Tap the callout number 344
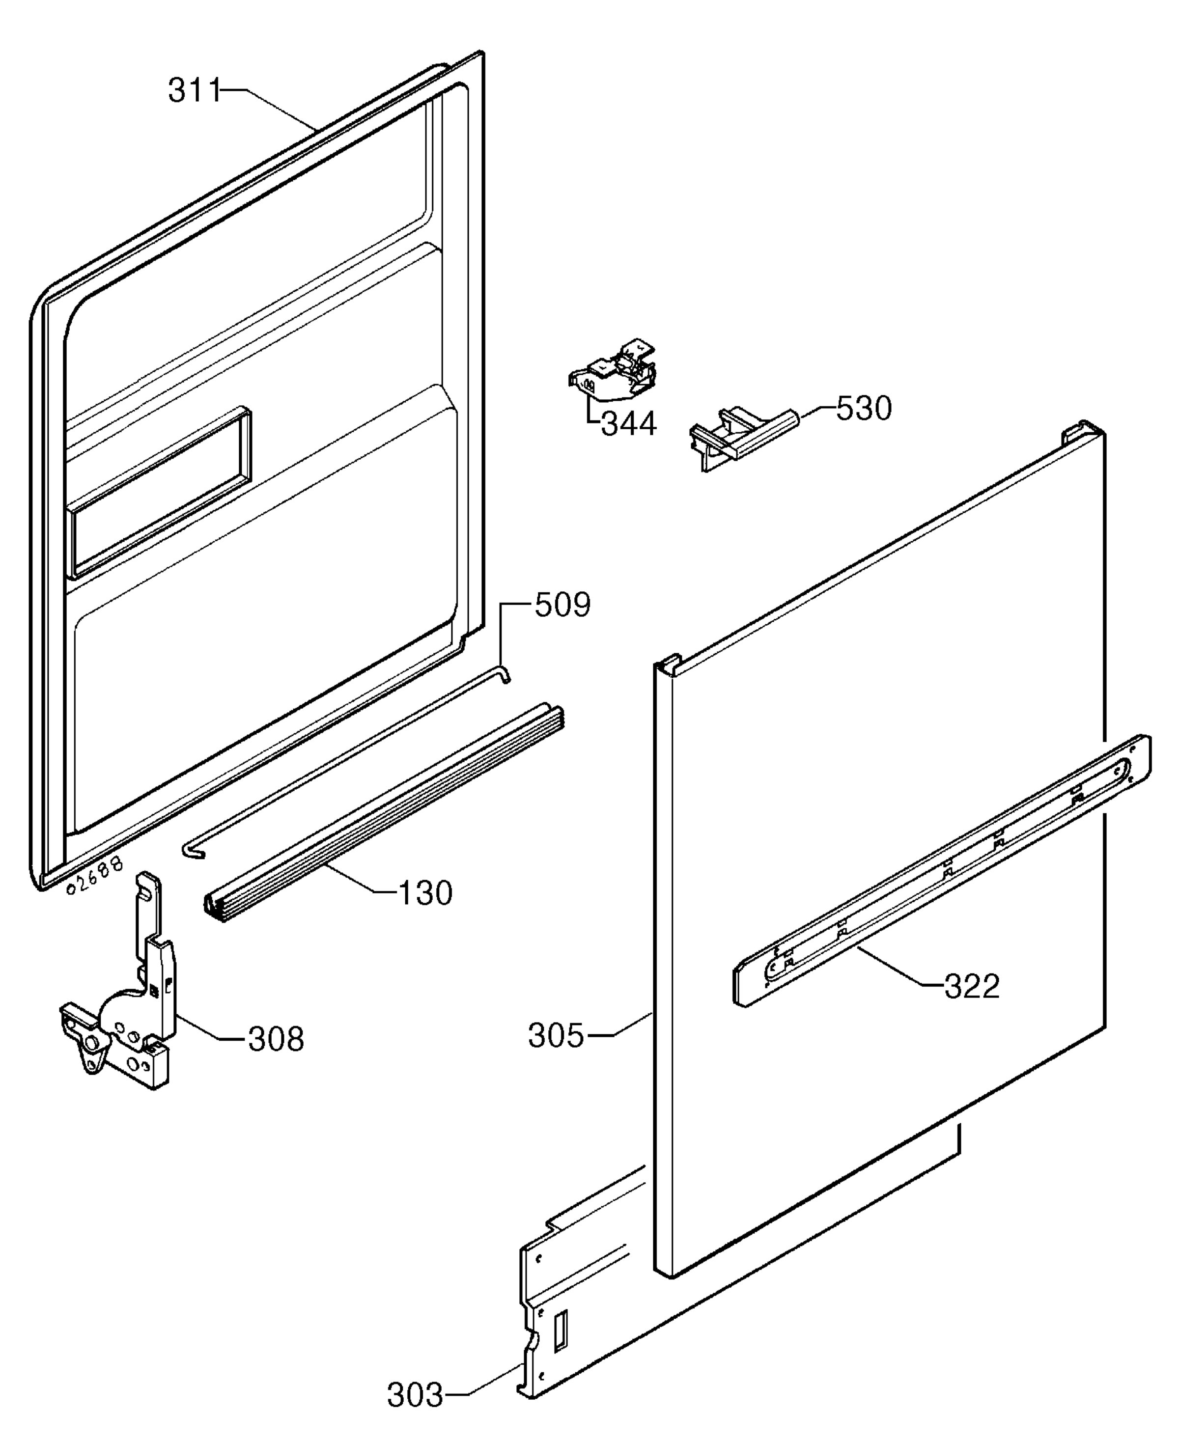pos(629,424)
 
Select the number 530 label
pos(863,409)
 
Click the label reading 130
pos(424,893)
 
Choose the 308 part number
pos(276,1039)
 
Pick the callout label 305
pos(556,1036)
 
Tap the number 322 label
pos(972,986)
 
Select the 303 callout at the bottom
pos(415,1396)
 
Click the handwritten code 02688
pos(96,876)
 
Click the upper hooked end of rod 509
pos(505,673)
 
